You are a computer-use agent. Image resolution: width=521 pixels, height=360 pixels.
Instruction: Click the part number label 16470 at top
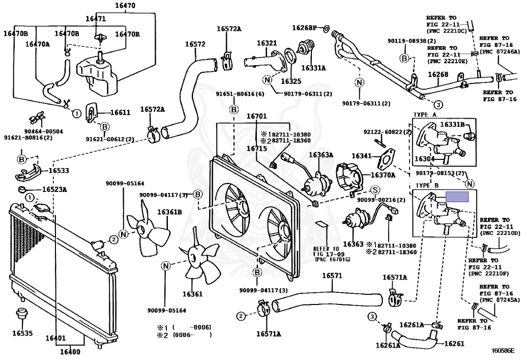[x=125, y=6]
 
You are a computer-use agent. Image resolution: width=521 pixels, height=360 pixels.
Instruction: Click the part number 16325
[x=291, y=81]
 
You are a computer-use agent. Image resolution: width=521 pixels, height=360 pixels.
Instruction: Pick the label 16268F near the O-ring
[x=304, y=27]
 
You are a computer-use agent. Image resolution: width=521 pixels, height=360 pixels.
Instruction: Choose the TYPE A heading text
[x=426, y=115]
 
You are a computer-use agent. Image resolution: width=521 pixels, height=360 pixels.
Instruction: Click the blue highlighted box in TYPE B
[x=457, y=197]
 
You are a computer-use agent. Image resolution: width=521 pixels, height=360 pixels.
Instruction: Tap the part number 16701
[x=256, y=116]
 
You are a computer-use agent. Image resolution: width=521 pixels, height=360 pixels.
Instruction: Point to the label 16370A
[x=383, y=175]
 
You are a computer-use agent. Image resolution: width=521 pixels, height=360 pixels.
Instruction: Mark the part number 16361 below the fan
[x=192, y=294]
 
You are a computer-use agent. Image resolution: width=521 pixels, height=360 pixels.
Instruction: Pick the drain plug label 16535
[x=22, y=334]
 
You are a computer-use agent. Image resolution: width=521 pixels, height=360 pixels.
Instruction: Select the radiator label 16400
[x=70, y=351]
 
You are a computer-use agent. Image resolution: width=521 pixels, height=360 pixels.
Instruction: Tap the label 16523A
[x=54, y=189]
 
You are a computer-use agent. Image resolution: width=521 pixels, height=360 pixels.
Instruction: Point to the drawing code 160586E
[x=503, y=350]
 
